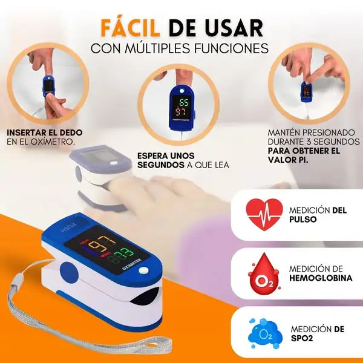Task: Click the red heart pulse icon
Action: pyautogui.click(x=264, y=214)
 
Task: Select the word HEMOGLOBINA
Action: pyautogui.click(x=321, y=278)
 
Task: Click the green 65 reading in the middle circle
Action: pyautogui.click(x=184, y=102)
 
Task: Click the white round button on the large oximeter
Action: pyautogui.click(x=143, y=270)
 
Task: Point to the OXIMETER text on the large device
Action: pyautogui.click(x=132, y=264)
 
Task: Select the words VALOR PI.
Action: pyautogui.click(x=288, y=160)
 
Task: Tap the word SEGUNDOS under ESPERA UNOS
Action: pyautogui.click(x=161, y=165)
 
